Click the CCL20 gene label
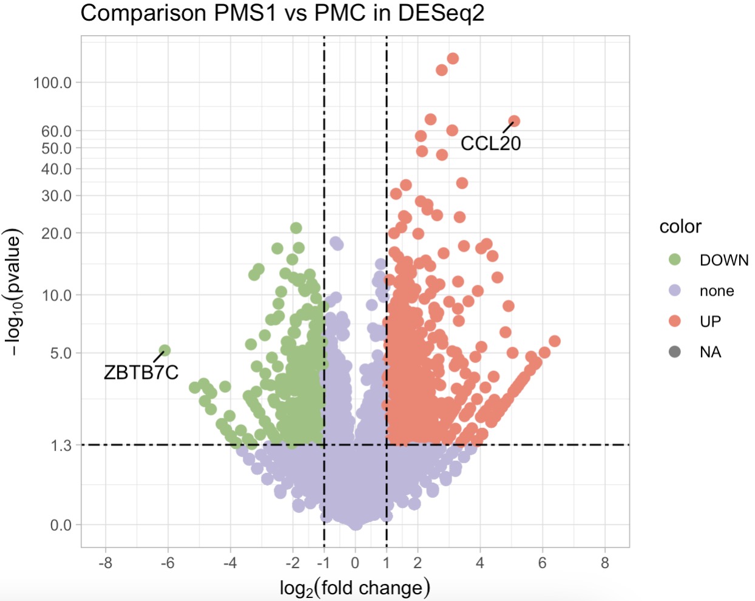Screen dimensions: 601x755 click(490, 143)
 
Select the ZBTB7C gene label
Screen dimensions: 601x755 click(141, 372)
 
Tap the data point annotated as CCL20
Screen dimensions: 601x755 click(513, 121)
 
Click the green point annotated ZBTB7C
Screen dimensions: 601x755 click(164, 350)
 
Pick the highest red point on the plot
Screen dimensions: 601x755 click(453, 58)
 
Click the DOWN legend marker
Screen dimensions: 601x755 click(674, 260)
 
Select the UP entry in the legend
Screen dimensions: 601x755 click(710, 321)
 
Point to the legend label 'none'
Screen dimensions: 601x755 click(717, 291)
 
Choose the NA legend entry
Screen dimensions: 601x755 click(710, 352)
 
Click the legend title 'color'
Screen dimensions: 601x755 click(680, 226)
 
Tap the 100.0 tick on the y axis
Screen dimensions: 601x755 click(52, 83)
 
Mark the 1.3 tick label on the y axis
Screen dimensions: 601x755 click(61, 446)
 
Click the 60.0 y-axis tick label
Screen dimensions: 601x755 click(56, 131)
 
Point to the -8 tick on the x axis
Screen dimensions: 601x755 click(105, 563)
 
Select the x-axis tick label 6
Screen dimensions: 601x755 click(542, 563)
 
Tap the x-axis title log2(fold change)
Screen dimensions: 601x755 click(354, 588)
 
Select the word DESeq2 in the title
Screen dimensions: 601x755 click(441, 13)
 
